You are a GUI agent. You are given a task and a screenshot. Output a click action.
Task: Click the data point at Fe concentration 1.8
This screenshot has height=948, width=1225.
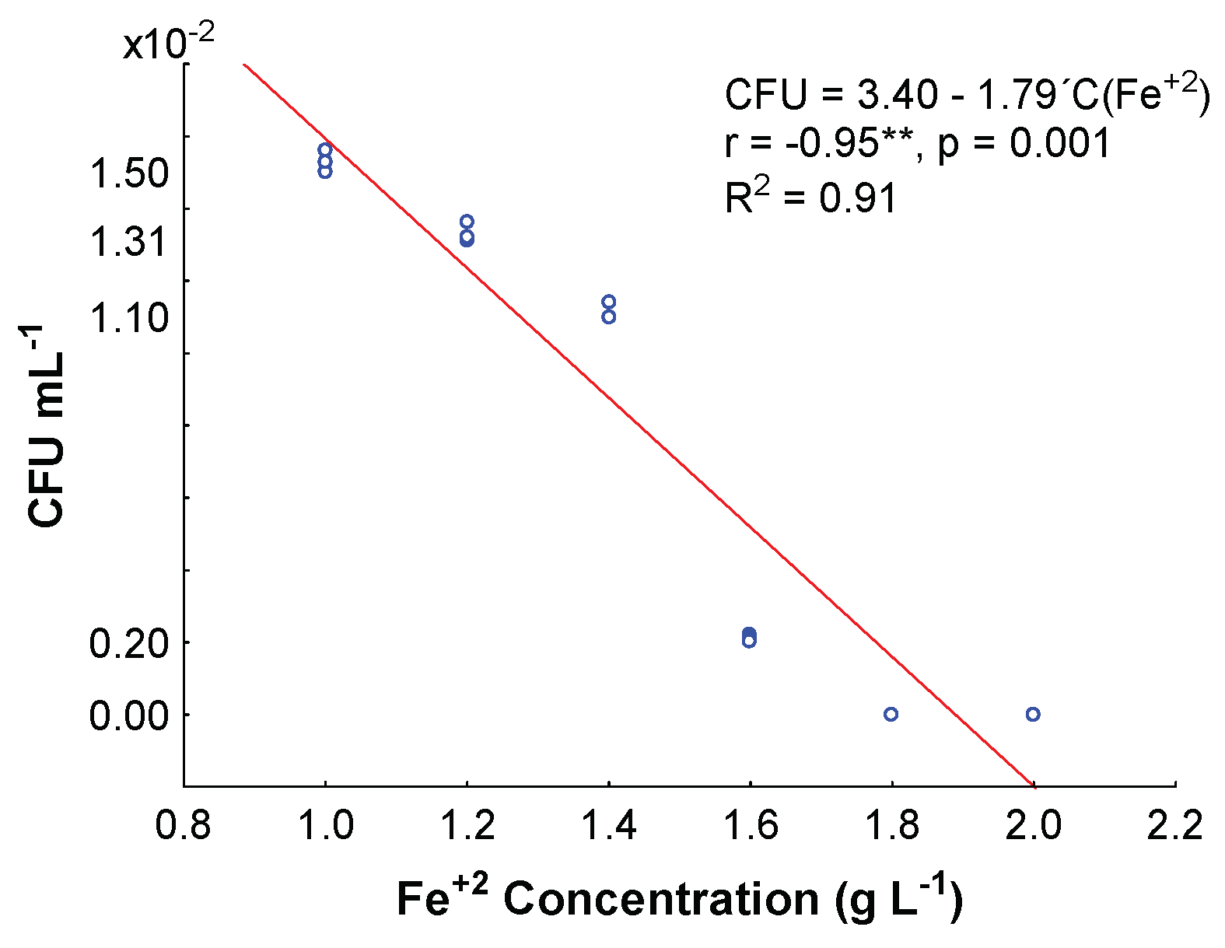891,714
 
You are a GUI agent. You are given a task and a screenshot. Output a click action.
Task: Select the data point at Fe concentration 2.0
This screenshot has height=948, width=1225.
1032,714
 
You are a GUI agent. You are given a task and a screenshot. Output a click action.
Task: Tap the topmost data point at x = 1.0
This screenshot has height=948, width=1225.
325,149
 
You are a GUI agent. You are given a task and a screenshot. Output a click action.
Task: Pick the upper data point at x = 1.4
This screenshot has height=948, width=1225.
608,302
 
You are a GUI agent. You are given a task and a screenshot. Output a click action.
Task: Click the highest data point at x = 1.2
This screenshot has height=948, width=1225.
467,222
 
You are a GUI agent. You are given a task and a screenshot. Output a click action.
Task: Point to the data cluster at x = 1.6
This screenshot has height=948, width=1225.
749,638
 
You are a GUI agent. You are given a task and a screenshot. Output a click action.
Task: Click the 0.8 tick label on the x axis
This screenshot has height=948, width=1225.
183,826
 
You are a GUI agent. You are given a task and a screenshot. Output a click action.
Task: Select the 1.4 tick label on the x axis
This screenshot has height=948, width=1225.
608,826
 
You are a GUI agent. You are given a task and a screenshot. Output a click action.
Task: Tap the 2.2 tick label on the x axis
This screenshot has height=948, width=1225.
1174,826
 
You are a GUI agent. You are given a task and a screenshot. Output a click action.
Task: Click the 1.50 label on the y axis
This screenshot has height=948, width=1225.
130,173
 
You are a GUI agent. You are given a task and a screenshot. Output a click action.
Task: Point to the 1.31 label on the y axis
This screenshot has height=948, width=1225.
130,243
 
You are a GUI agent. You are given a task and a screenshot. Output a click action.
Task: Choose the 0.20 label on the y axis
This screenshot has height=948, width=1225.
130,644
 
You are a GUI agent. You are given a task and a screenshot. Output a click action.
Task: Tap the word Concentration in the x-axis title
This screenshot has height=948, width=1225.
660,900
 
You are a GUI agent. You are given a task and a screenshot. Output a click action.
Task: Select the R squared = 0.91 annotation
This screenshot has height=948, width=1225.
811,198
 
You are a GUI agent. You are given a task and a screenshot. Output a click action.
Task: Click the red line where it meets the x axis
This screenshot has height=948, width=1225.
1032,785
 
